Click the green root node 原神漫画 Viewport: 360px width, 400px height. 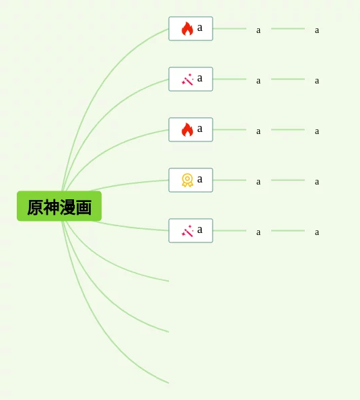click(59, 206)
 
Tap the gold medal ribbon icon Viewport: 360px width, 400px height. click(187, 180)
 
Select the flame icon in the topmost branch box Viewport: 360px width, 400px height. click(187, 28)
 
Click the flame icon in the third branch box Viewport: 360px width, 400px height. click(187, 129)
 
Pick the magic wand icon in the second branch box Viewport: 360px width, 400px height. click(187, 79)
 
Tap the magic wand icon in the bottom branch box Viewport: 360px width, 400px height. click(187, 231)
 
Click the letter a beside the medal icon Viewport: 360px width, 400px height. click(200, 179)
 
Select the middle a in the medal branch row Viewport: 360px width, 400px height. click(258, 182)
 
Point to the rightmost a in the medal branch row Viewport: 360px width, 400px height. click(317, 182)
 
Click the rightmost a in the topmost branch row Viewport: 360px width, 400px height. click(317, 30)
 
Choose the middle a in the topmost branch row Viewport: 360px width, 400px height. click(258, 30)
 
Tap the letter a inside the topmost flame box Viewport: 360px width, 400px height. click(200, 28)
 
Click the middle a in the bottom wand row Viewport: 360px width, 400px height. click(258, 232)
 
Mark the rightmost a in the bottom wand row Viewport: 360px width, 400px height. click(317, 232)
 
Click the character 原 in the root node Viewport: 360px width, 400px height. click(35, 207)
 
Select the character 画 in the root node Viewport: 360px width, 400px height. click(83, 207)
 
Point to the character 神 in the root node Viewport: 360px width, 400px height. click(51, 207)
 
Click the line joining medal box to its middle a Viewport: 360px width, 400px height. click(229, 180)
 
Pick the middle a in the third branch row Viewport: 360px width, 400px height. click(258, 131)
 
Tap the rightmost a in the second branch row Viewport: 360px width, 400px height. click(317, 81)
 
